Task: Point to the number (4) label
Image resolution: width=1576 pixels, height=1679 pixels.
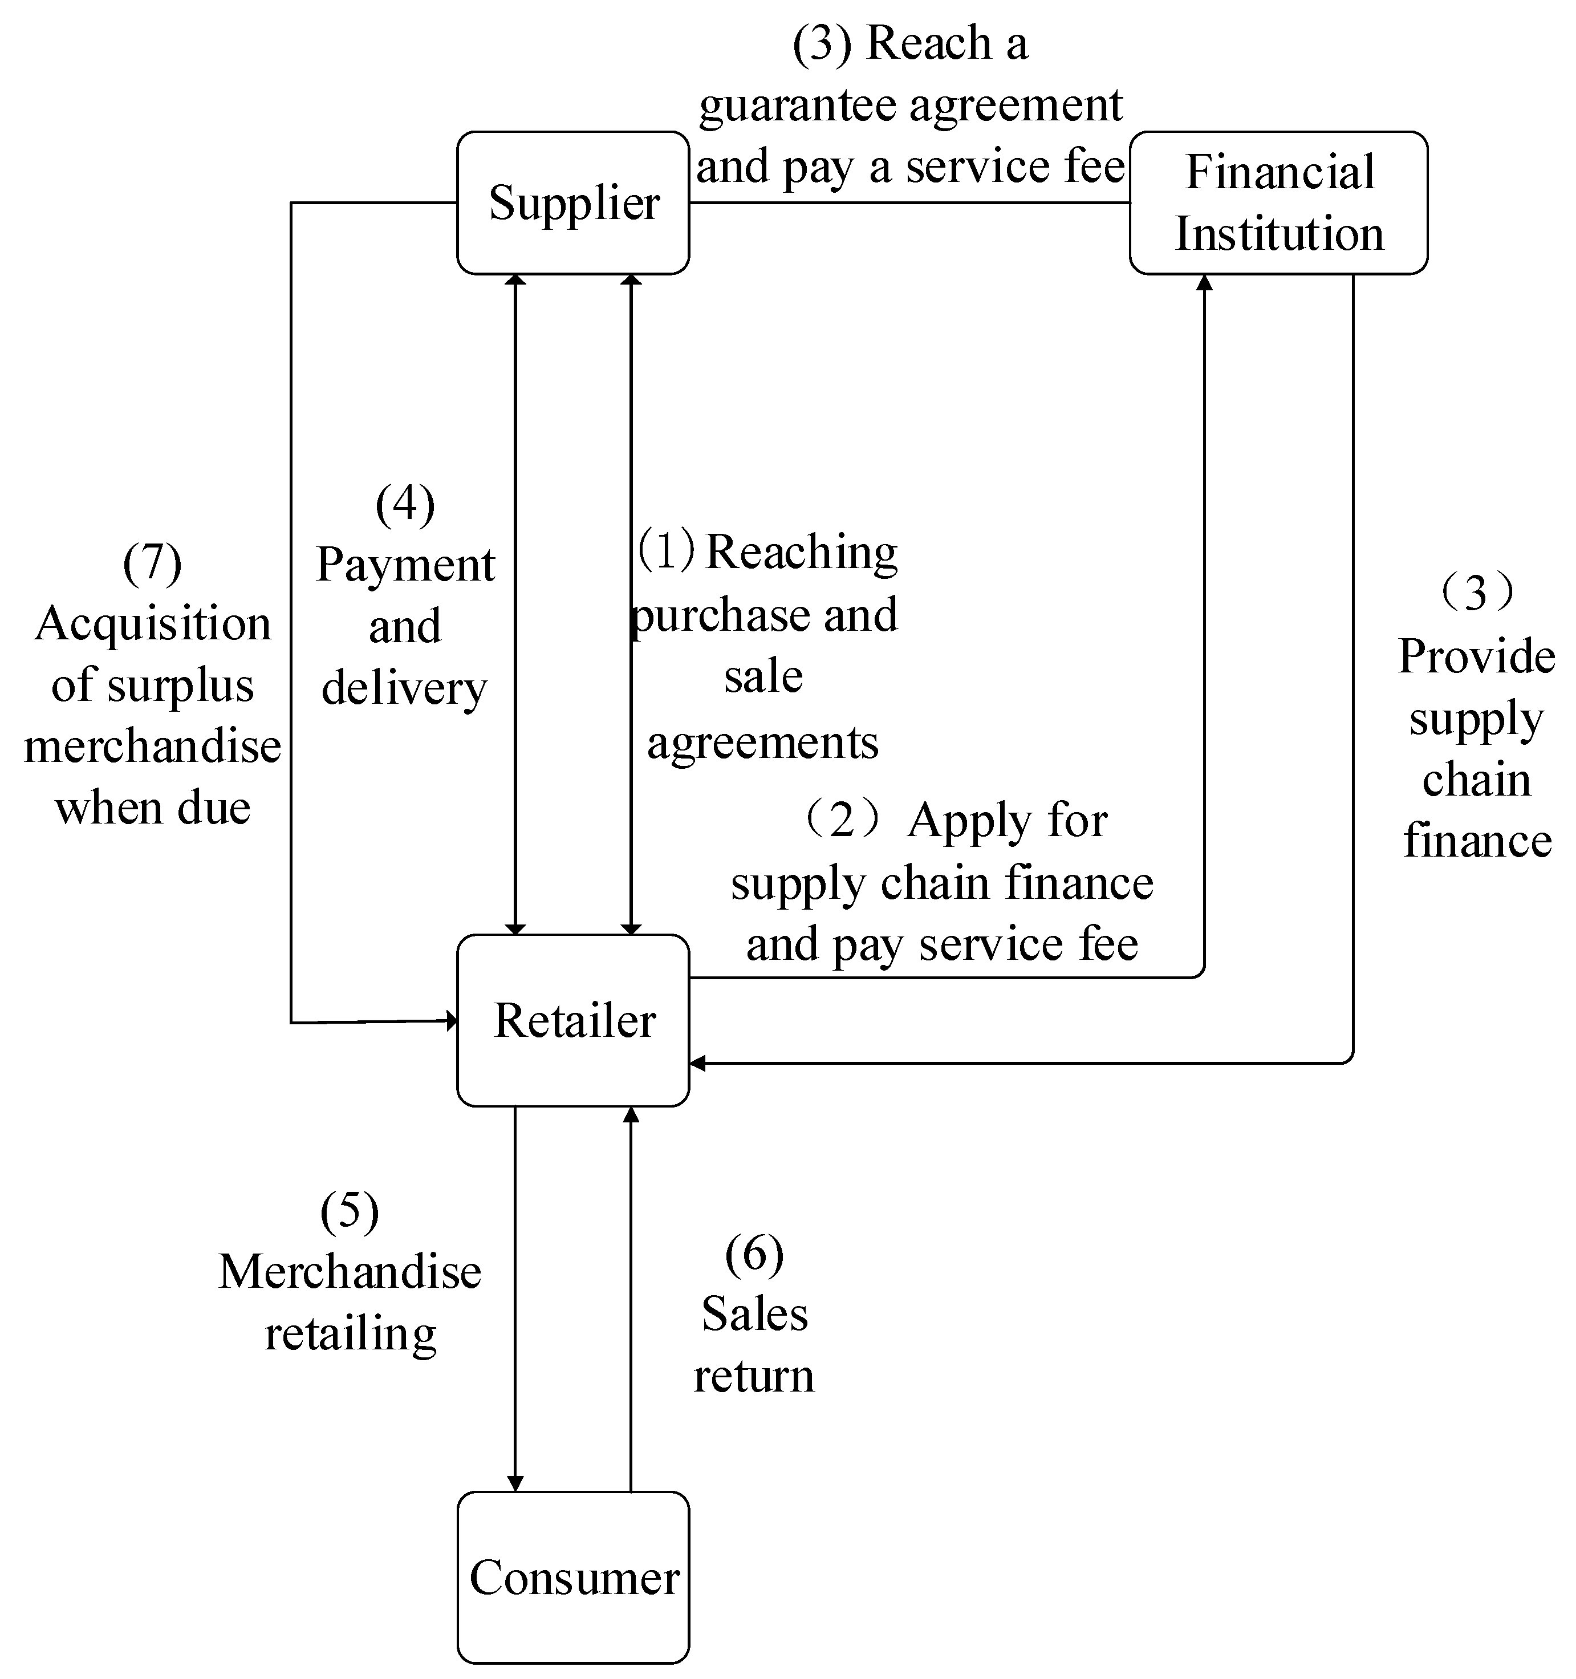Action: (405, 504)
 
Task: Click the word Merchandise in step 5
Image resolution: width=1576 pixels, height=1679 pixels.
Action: (350, 1272)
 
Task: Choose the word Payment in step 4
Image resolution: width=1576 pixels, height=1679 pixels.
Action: (405, 565)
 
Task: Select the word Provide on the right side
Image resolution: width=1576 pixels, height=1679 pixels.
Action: (1476, 656)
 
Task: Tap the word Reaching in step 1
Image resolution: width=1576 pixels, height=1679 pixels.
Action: (801, 553)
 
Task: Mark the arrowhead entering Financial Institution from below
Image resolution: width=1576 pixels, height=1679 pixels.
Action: (1204, 282)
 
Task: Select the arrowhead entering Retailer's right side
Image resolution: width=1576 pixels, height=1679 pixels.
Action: (697, 1063)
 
